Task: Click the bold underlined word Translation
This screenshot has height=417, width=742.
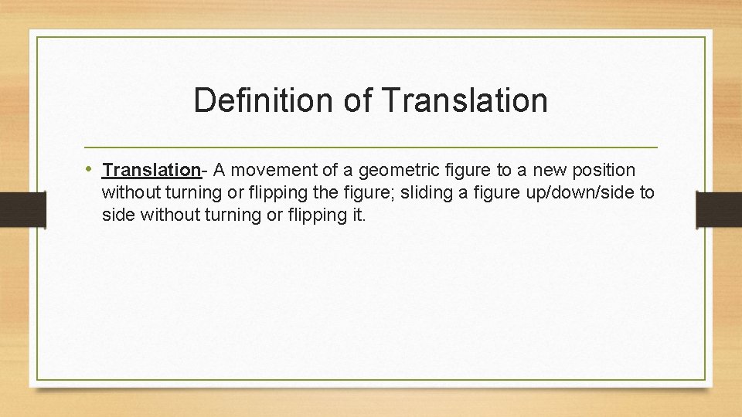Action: click(x=151, y=170)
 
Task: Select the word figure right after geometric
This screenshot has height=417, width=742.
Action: click(x=459, y=170)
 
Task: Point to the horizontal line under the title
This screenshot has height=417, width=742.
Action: click(x=371, y=147)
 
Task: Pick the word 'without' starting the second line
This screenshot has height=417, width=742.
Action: click(x=128, y=192)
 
